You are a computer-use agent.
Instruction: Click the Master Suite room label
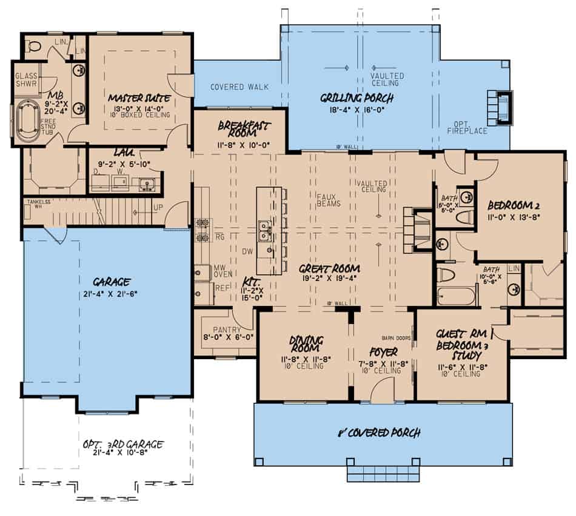click(139, 98)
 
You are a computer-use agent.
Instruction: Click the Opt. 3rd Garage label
click(122, 445)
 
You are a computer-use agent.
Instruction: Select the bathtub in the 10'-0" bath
click(457, 296)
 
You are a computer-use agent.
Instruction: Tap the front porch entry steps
click(383, 469)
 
